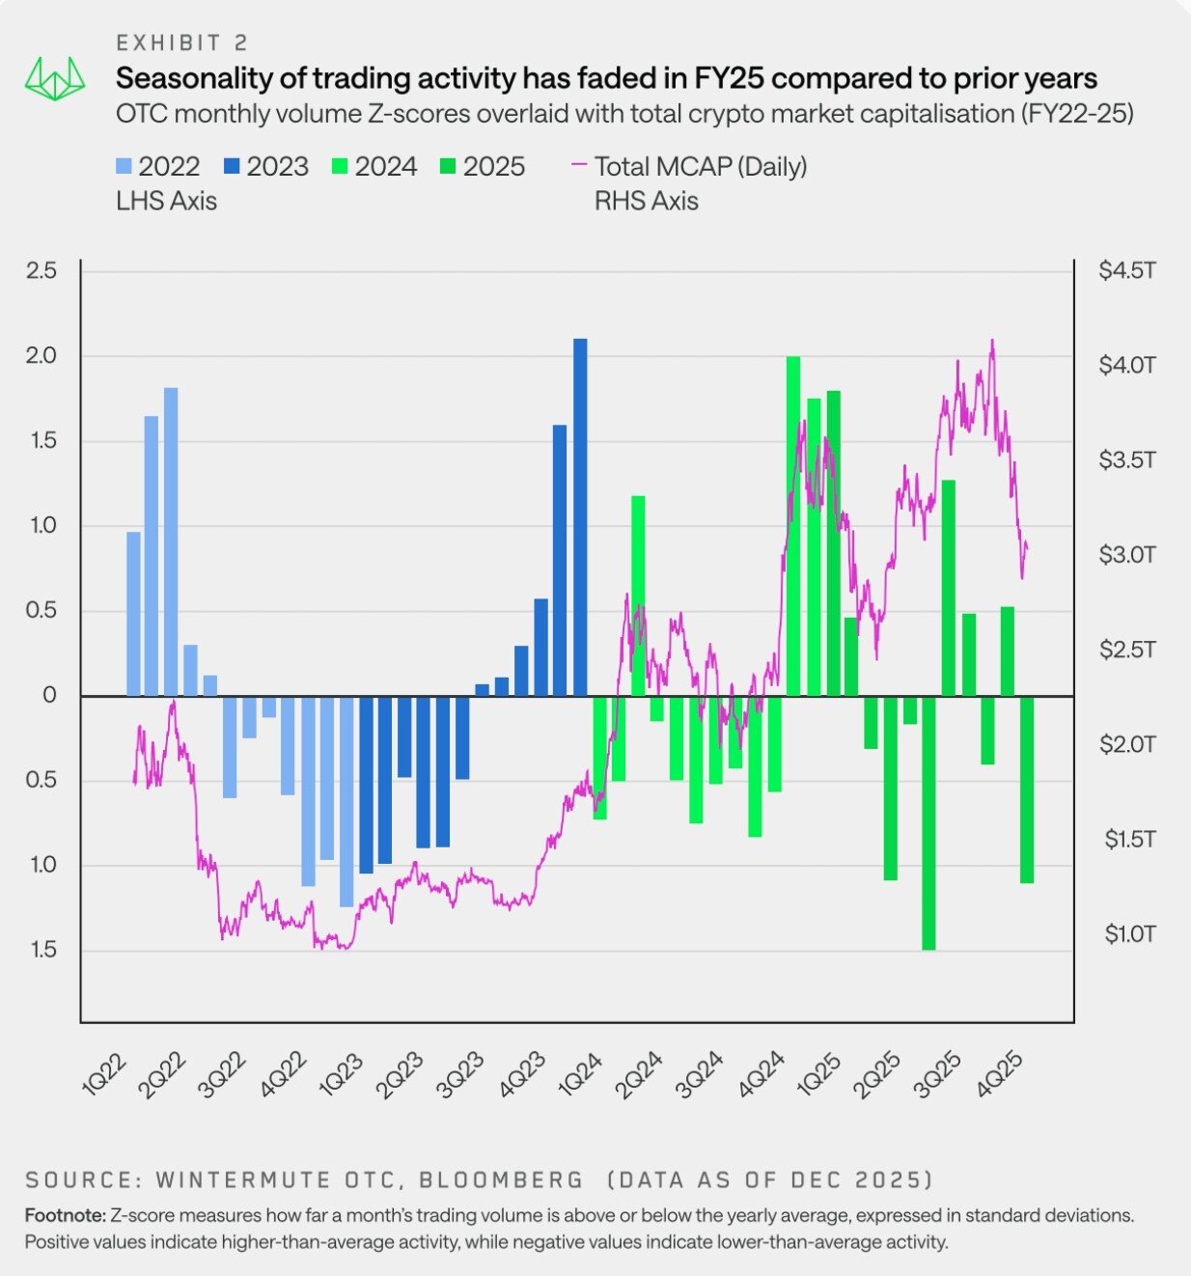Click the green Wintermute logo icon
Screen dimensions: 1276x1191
coord(54,78)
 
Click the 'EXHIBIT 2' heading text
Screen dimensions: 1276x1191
coord(181,42)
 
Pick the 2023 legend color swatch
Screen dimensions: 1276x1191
coord(233,167)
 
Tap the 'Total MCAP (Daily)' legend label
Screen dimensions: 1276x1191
coord(700,167)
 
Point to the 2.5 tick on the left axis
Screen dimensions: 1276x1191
coord(42,270)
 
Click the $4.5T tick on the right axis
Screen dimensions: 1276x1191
coord(1126,270)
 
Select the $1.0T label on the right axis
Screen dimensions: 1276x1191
coord(1129,933)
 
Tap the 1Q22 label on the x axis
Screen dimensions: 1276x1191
coord(104,1075)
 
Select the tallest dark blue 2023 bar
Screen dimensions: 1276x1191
coord(580,516)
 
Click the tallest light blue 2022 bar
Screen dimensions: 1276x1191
coord(171,541)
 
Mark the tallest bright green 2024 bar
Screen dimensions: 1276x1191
coord(793,526)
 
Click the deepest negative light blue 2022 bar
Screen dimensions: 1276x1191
coord(346,801)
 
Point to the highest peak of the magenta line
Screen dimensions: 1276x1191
coord(992,341)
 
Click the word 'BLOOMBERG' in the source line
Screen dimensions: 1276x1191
coord(501,1179)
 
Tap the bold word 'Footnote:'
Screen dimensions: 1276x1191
coord(65,1215)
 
